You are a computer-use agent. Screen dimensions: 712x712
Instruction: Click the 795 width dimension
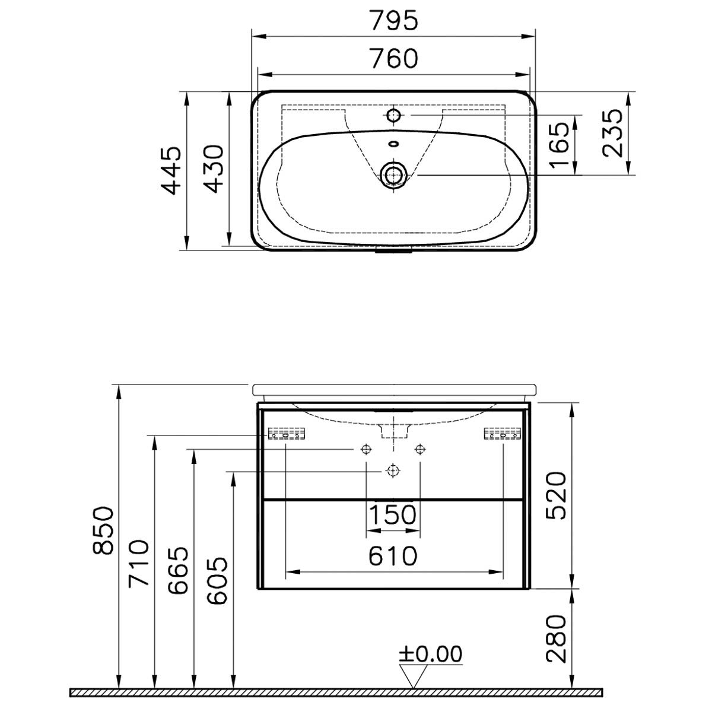[394, 20]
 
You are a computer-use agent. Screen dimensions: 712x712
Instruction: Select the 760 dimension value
[394, 58]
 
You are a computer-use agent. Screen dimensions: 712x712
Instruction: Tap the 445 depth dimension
[172, 170]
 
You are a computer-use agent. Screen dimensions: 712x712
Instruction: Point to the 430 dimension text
[214, 169]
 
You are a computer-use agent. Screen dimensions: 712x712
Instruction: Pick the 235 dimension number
[612, 133]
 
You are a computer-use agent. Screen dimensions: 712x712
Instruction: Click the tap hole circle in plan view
[394, 115]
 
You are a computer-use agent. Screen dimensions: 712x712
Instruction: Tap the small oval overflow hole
[394, 144]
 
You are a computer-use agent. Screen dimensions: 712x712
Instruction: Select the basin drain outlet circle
[394, 174]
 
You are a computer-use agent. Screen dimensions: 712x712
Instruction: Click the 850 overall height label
[103, 531]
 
